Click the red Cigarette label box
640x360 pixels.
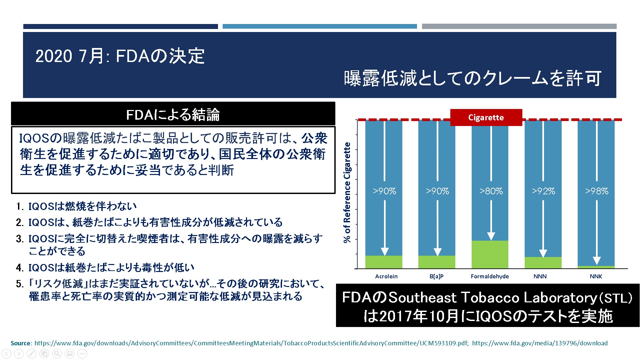pyautogui.click(x=486, y=117)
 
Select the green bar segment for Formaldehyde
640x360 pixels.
pyautogui.click(x=490, y=254)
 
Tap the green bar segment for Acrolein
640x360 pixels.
pyautogui.click(x=384, y=262)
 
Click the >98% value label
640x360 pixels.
pyautogui.click(x=597, y=191)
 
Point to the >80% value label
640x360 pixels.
pyautogui.click(x=491, y=191)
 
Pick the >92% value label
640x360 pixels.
pyautogui.click(x=543, y=191)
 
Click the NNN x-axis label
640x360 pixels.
pyautogui.click(x=540, y=276)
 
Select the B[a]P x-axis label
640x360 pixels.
pyautogui.click(x=437, y=276)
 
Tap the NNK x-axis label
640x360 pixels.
pyautogui.click(x=596, y=276)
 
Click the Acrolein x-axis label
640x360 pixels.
pyautogui.click(x=386, y=276)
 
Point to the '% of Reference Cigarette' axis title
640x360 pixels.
pyautogui.click(x=347, y=192)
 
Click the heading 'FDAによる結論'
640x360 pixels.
pyautogui.click(x=173, y=115)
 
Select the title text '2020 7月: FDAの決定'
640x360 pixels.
pyautogui.click(x=120, y=56)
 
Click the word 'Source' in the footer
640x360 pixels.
pyautogui.click(x=21, y=343)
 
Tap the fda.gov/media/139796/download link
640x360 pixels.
pyautogui.click(x=540, y=343)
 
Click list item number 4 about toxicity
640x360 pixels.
pyautogui.click(x=105, y=267)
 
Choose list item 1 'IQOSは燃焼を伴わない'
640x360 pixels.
pyautogui.click(x=76, y=206)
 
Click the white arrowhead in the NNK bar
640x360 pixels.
pyautogui.click(x=597, y=261)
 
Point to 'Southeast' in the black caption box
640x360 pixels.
pyautogui.click(x=423, y=298)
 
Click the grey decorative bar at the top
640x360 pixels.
pyautogui.click(x=519, y=26)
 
